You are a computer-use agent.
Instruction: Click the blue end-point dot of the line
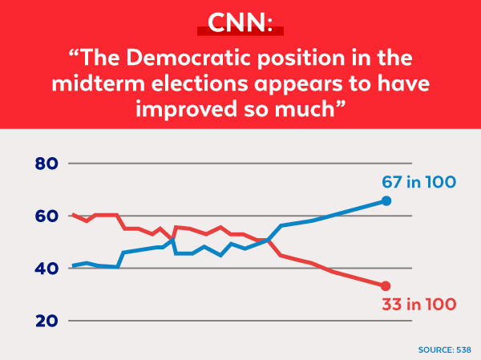point(386,200)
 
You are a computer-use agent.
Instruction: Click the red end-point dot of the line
point(386,286)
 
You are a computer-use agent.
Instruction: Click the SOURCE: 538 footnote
point(444,350)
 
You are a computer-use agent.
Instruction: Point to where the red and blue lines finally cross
point(268,240)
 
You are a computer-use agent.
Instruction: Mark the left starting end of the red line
point(73,215)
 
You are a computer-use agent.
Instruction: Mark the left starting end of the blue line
point(73,265)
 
